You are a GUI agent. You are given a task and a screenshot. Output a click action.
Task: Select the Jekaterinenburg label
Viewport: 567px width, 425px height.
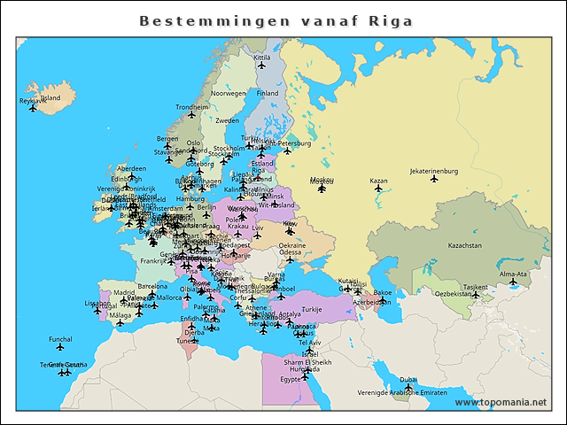(x=433, y=171)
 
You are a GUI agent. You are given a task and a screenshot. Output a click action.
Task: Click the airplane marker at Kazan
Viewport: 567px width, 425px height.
(x=378, y=188)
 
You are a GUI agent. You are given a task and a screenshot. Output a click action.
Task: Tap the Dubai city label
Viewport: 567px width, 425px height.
(x=408, y=380)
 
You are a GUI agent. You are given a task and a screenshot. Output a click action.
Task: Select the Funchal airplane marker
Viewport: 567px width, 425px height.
(x=60, y=347)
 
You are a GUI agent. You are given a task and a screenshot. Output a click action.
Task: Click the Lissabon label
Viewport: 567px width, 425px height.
(x=97, y=303)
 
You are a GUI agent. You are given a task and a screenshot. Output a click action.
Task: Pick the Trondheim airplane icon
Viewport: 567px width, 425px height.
(x=191, y=115)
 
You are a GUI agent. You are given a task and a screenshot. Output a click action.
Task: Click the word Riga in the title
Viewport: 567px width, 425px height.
(x=391, y=20)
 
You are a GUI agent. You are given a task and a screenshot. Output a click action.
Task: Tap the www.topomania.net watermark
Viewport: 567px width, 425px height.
(x=501, y=402)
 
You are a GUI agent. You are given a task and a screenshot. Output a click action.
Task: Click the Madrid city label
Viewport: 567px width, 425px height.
(x=124, y=291)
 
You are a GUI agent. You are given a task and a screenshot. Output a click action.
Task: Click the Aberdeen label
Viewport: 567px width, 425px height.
(x=131, y=168)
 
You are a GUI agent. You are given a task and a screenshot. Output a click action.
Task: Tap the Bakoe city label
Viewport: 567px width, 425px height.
(x=383, y=292)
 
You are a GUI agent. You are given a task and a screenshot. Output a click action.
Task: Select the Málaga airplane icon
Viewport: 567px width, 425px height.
(x=120, y=323)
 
